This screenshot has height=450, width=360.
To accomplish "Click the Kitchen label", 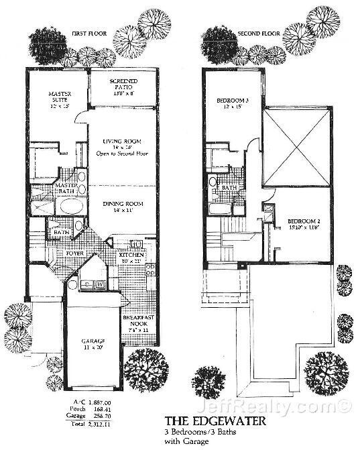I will (x=130, y=256).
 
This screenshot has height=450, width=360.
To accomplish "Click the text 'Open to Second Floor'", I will (x=121, y=154).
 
